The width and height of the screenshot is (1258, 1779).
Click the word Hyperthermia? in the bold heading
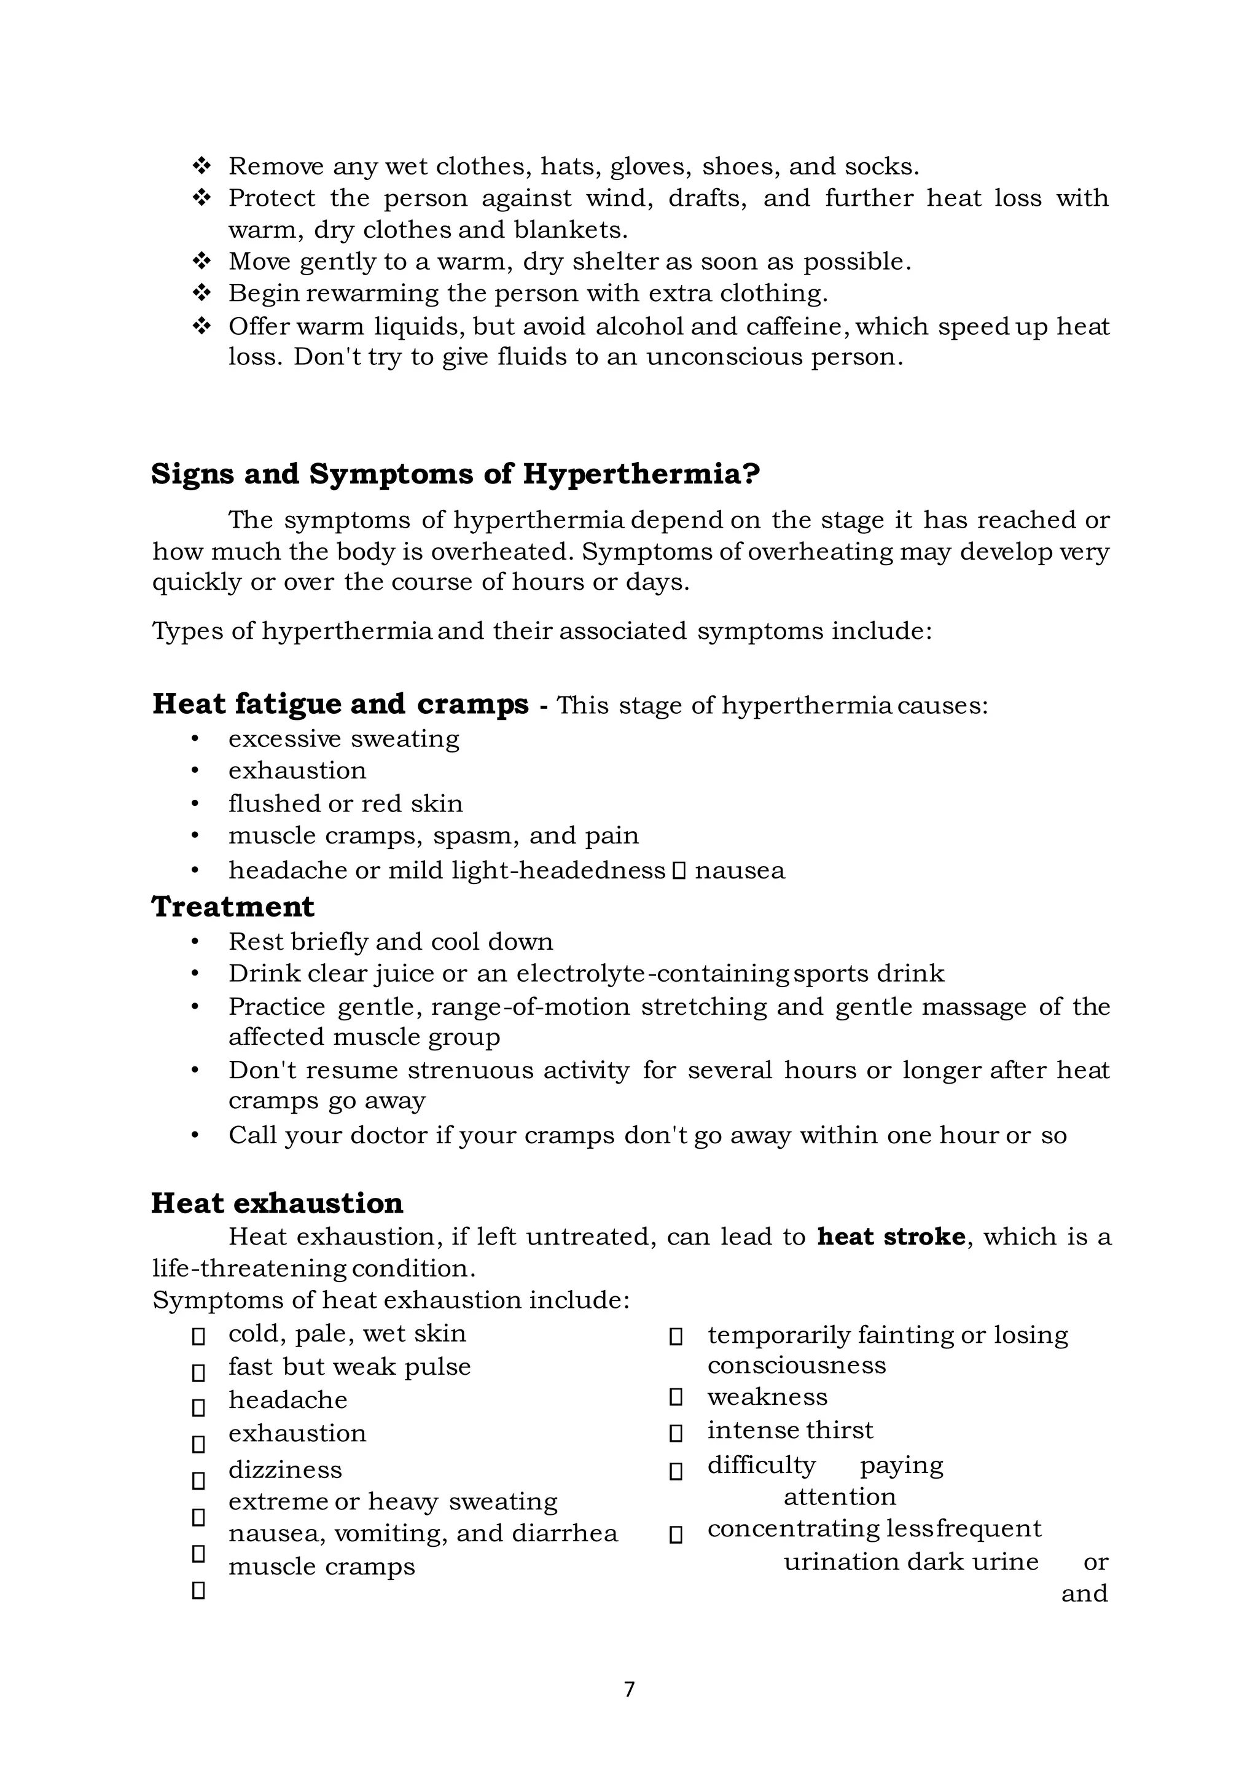pyautogui.click(x=641, y=474)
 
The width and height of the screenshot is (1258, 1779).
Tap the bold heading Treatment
pyautogui.click(x=232, y=907)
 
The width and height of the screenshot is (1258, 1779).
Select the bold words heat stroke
pyautogui.click(x=891, y=1236)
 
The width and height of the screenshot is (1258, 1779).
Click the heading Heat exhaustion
pyautogui.click(x=276, y=1203)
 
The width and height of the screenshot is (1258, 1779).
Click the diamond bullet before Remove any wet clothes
pyautogui.click(x=201, y=166)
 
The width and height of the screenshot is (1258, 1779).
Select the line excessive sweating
pyautogui.click(x=343, y=738)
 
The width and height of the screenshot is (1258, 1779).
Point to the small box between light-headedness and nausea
pyautogui.click(x=679, y=872)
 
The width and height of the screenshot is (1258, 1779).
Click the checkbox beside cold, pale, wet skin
pyautogui.click(x=198, y=1337)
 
